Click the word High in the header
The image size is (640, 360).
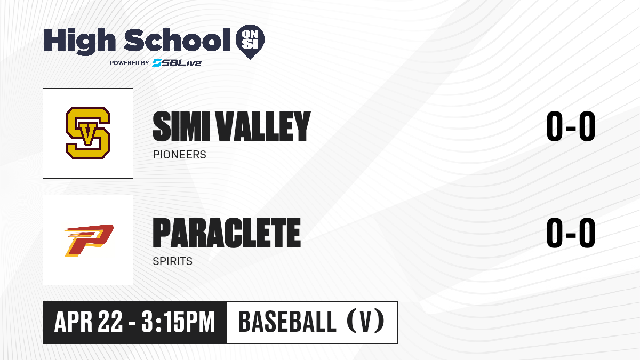[79, 42]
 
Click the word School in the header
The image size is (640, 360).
[177, 39]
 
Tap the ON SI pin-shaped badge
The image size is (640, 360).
[250, 42]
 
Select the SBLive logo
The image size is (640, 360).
[177, 63]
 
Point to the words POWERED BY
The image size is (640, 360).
[130, 63]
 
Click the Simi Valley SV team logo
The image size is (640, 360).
[88, 133]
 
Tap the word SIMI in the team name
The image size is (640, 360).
[181, 126]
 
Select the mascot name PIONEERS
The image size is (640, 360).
[179, 155]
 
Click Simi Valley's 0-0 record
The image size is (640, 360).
[571, 126]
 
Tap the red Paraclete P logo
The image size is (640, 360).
[89, 241]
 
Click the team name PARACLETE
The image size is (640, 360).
[227, 233]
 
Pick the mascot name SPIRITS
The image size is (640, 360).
[173, 261]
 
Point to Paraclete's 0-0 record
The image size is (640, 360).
[571, 233]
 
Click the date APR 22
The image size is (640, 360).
[89, 322]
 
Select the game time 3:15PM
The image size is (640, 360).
[178, 322]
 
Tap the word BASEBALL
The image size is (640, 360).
[287, 322]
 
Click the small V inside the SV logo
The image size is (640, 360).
[88, 133]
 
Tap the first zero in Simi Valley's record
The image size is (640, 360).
[554, 126]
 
